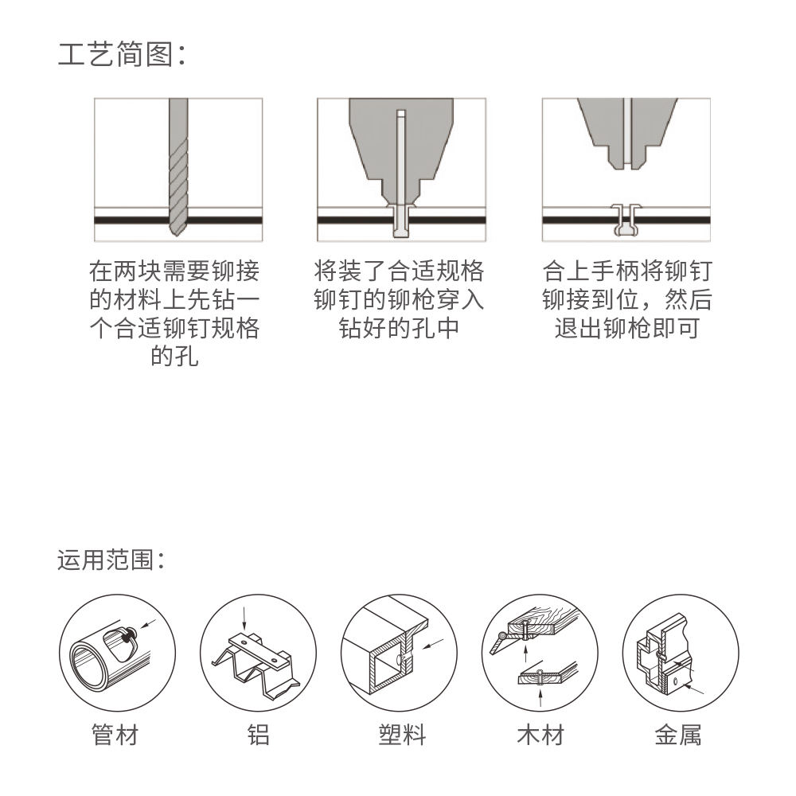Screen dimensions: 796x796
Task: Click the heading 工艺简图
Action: (122, 54)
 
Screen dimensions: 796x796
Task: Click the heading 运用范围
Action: (111, 560)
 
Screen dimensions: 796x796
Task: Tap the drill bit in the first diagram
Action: (178, 166)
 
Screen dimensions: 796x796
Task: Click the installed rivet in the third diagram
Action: (626, 220)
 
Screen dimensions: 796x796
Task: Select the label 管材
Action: (115, 735)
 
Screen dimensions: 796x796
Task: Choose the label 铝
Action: (258, 735)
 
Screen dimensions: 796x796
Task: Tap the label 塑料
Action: (402, 735)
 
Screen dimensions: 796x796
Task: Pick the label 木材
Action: (540, 735)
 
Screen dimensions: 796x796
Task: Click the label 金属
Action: (678, 735)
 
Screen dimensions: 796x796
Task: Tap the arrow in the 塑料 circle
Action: (433, 644)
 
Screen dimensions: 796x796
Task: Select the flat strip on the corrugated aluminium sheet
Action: (259, 650)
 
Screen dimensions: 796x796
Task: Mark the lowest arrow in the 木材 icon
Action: (540, 699)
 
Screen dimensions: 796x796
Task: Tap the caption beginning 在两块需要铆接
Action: (174, 313)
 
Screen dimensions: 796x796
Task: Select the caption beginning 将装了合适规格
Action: (399, 299)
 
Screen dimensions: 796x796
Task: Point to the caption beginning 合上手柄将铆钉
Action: (627, 299)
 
